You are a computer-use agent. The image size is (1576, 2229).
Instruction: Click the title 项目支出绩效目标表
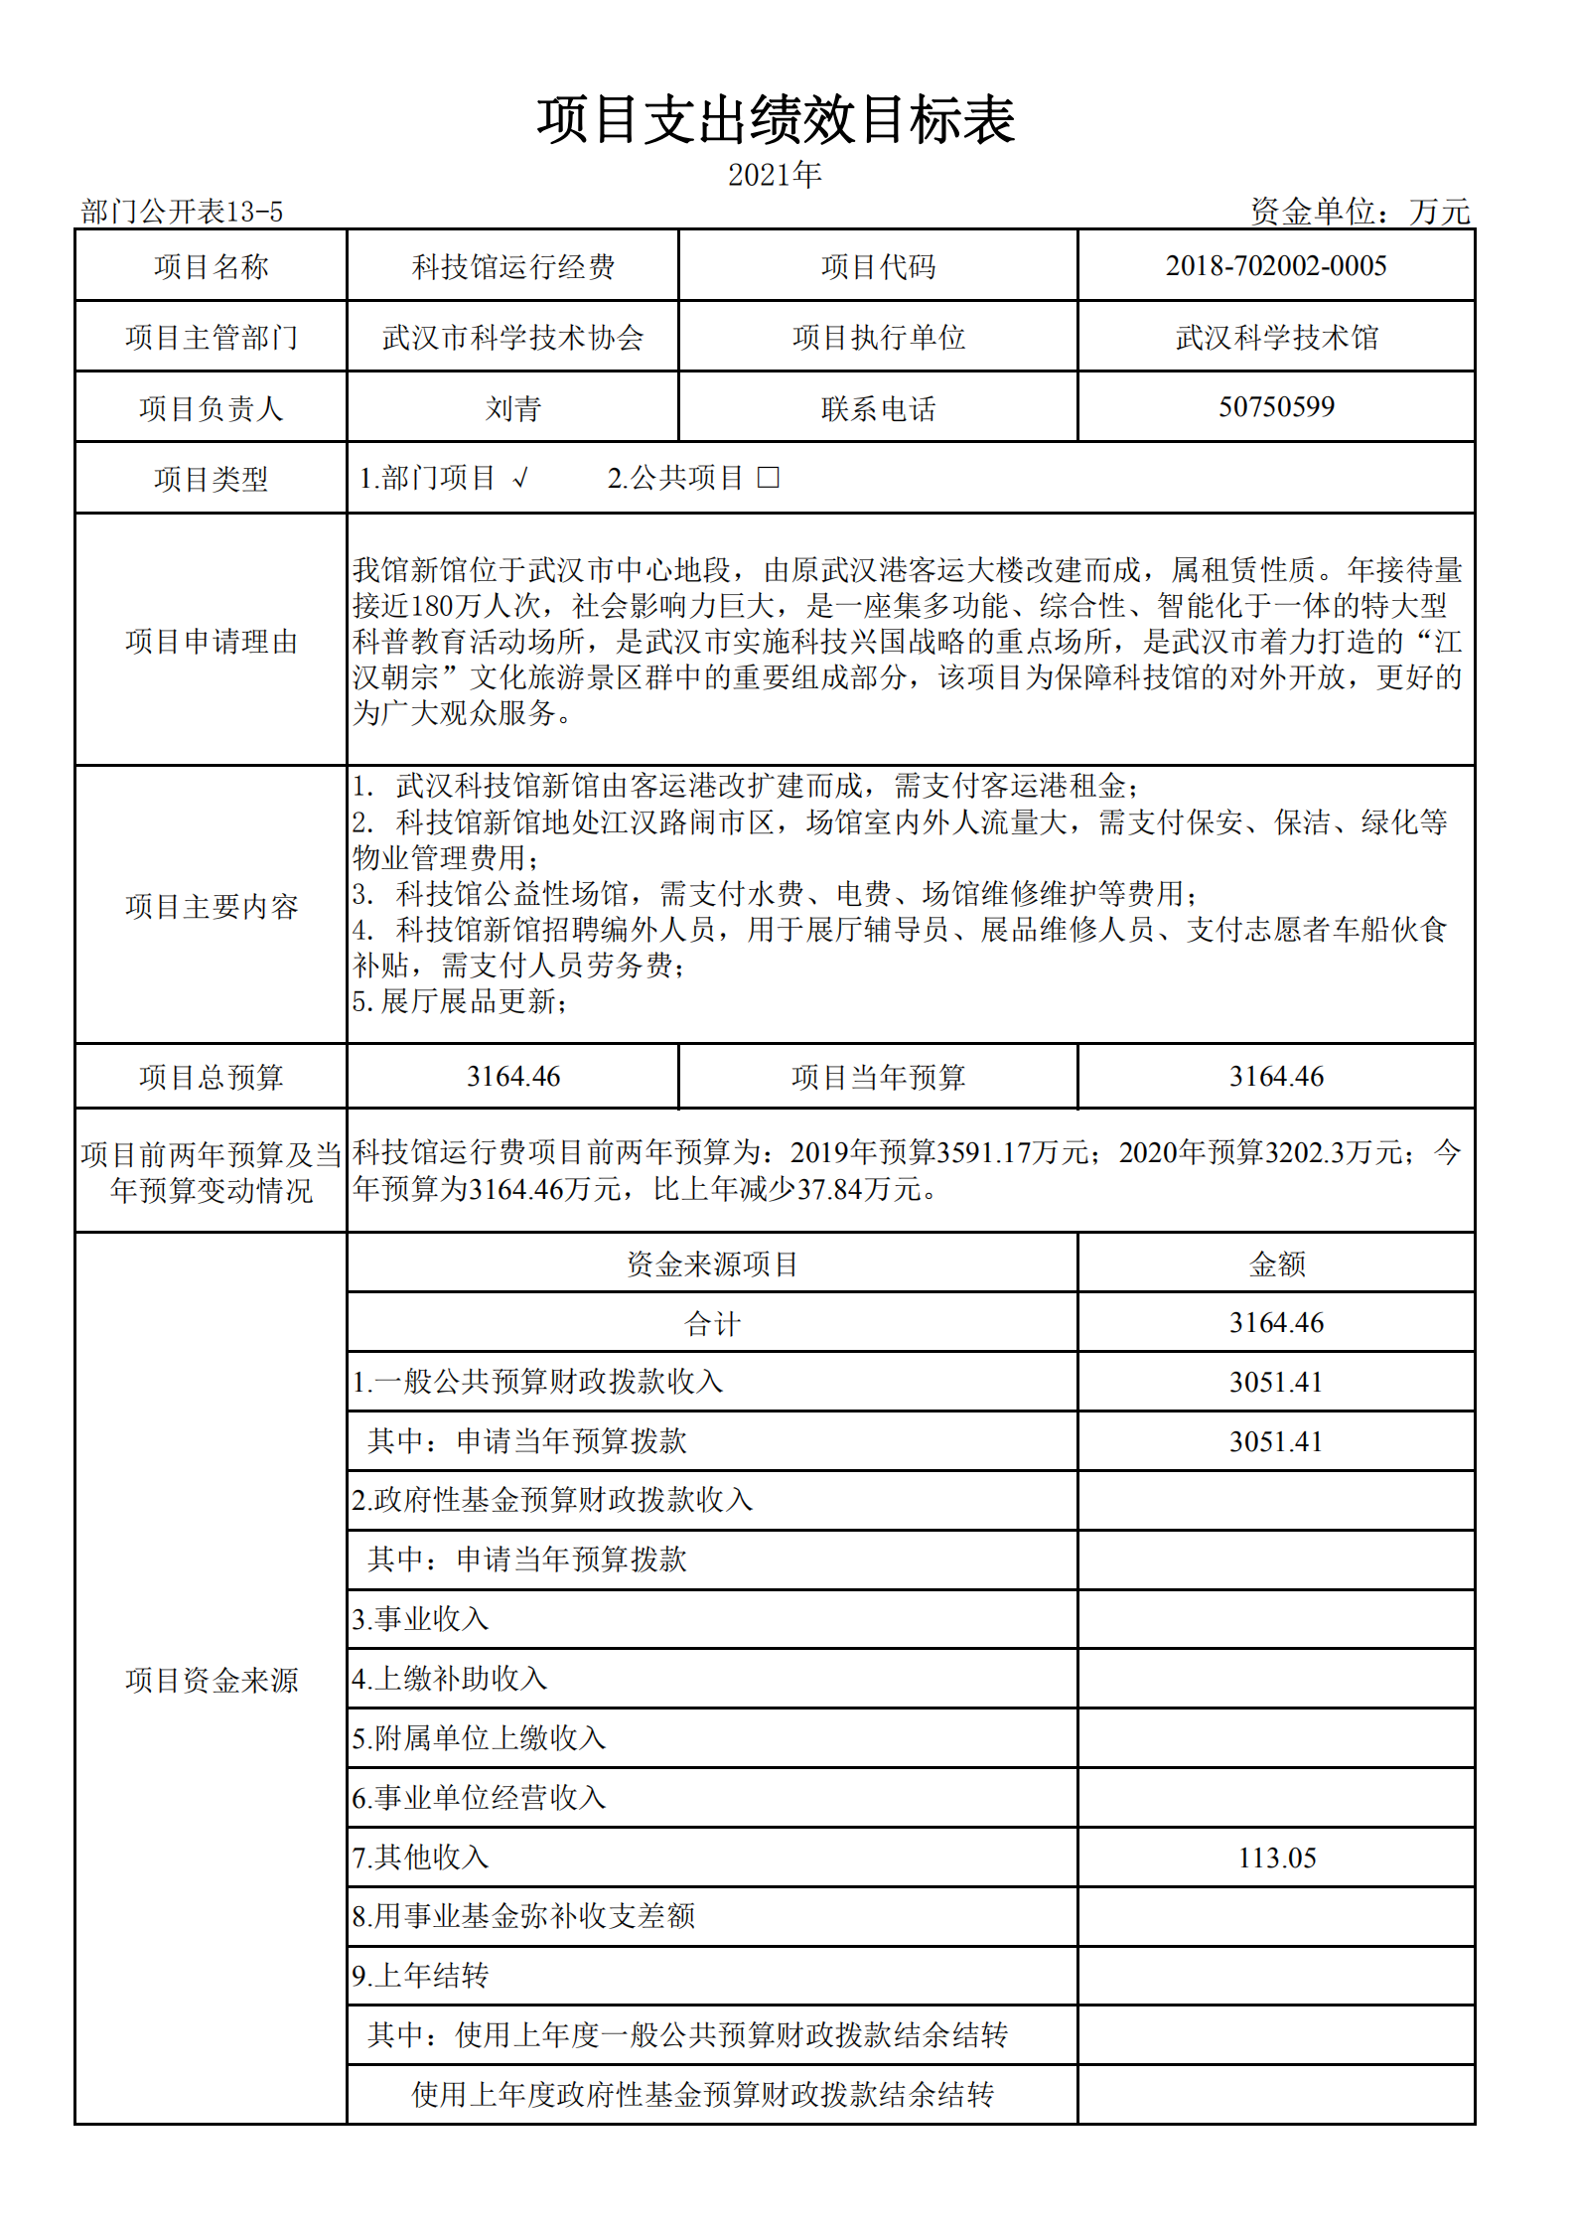click(x=776, y=120)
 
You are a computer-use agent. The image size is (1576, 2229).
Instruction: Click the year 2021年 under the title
click(x=775, y=175)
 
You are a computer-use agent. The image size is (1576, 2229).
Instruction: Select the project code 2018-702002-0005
click(x=1276, y=265)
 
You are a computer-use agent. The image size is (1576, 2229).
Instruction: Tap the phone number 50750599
click(x=1276, y=406)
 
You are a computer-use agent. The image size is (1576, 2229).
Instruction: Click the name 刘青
click(x=512, y=408)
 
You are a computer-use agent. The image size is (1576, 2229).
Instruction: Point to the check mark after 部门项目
click(x=521, y=479)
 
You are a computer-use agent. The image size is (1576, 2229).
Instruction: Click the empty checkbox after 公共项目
click(x=768, y=478)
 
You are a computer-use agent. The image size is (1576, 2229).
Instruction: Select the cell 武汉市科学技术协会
click(x=512, y=338)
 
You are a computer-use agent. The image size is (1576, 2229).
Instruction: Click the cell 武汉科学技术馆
click(x=1276, y=338)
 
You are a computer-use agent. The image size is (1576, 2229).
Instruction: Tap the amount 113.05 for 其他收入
click(x=1276, y=1857)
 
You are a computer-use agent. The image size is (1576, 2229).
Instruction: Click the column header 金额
click(x=1276, y=1263)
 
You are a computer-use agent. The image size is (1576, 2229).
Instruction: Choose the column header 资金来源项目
click(x=712, y=1263)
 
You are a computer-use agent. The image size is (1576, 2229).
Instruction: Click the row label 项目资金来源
click(x=211, y=1680)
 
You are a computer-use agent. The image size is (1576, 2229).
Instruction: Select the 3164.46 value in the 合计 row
click(x=1276, y=1322)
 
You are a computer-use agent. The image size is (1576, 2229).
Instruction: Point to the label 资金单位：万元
click(x=1360, y=211)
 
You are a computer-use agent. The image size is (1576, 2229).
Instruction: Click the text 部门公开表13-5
click(x=182, y=212)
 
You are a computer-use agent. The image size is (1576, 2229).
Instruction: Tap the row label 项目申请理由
click(x=211, y=641)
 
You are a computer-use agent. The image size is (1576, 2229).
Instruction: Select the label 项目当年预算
click(x=878, y=1077)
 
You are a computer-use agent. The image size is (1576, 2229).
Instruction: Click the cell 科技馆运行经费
click(x=512, y=266)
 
